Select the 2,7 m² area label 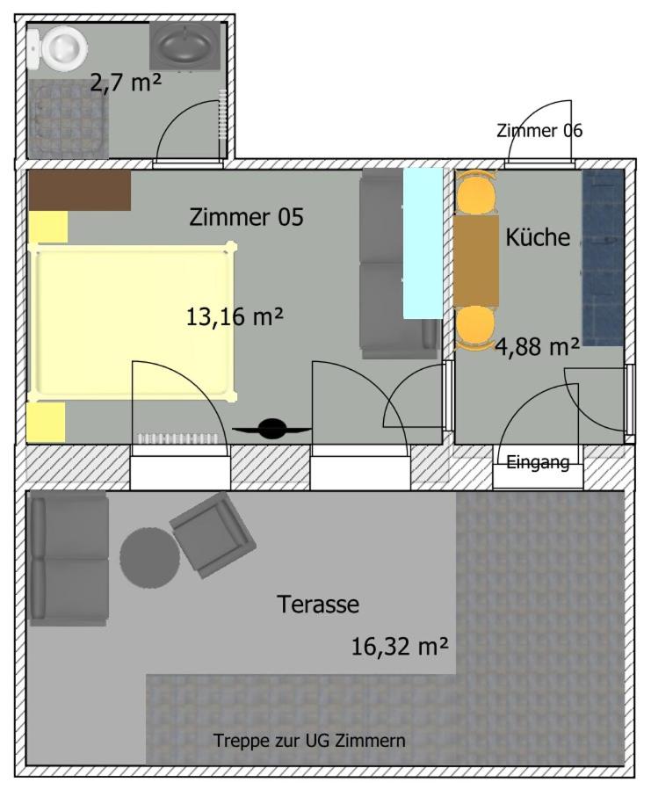[x=126, y=83]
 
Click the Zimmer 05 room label [x=247, y=217]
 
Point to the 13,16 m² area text [x=235, y=317]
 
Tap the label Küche [x=538, y=237]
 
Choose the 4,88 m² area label [x=538, y=347]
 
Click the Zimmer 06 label [x=539, y=131]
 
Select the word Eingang [x=538, y=462]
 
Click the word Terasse [x=318, y=605]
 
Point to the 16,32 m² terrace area [x=400, y=647]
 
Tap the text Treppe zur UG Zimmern [x=309, y=741]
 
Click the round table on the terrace [x=149, y=558]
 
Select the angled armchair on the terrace [x=213, y=535]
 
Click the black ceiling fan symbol [x=272, y=429]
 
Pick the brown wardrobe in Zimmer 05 [x=79, y=191]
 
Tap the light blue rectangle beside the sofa [x=423, y=243]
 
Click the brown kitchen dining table [x=476, y=261]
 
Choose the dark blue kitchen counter [x=604, y=257]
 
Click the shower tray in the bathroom [x=69, y=119]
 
